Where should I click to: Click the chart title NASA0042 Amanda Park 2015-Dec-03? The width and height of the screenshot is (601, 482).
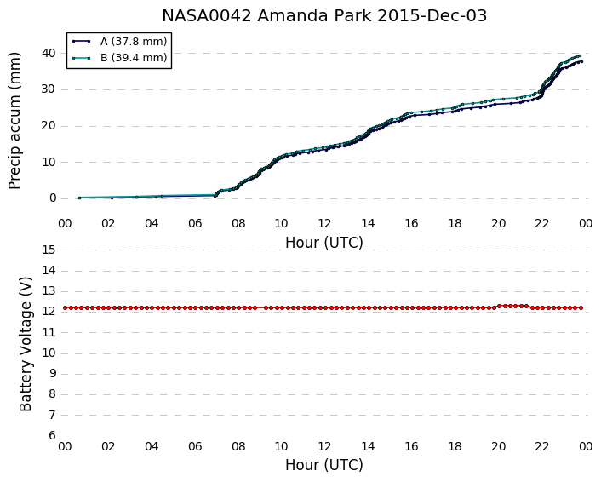[324, 16]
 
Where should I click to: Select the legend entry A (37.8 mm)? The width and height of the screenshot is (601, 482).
[134, 42]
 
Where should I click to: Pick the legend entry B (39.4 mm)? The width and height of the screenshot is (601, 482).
[134, 58]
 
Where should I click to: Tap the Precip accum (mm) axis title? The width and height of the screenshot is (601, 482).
[14, 121]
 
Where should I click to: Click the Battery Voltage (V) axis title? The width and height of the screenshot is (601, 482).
[26, 344]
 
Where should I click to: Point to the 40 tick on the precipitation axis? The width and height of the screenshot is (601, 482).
[49, 53]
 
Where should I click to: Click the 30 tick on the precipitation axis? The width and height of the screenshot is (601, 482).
[49, 89]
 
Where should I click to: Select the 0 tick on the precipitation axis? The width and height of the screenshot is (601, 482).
[53, 198]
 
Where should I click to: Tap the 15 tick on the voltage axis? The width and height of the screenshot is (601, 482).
[49, 250]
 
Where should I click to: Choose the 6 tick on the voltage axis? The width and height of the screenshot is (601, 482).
[53, 435]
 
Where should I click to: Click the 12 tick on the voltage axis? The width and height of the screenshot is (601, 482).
[49, 312]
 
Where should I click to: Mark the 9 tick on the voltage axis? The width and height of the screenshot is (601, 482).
[53, 374]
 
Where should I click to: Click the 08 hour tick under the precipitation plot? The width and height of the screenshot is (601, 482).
[238, 223]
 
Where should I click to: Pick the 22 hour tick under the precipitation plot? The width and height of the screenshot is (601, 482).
[542, 223]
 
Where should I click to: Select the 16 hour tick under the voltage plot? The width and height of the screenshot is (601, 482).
[412, 446]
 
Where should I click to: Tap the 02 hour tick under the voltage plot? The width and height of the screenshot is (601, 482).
[108, 446]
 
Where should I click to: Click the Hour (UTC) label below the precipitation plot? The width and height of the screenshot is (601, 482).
[324, 243]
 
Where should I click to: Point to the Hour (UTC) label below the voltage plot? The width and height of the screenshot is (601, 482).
[324, 465]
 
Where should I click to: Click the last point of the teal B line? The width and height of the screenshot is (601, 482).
[581, 55]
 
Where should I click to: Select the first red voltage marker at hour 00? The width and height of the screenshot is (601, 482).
[66, 307]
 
